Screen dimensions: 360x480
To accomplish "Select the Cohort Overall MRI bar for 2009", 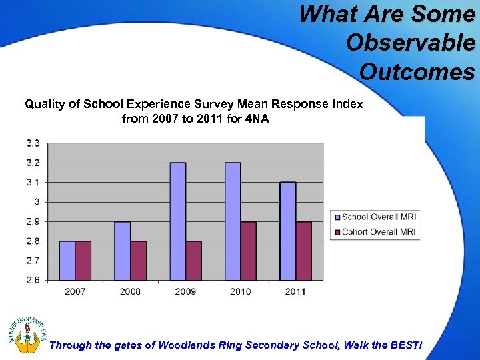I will (193, 261).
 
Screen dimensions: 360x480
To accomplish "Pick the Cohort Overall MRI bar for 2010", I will (249, 251).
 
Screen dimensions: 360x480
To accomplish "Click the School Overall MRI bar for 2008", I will (123, 251).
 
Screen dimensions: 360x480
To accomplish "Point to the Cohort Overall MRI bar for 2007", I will (83, 261).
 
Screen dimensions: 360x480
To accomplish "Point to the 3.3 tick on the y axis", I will (33, 143).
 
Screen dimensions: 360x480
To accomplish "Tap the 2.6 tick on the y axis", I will (33, 280).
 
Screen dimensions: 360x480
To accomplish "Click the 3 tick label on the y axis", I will (37, 201).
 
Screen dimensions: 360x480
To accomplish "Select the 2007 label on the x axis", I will (75, 291).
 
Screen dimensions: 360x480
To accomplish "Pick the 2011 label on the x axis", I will (295, 291).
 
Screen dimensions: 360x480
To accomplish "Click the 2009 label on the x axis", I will (185, 291).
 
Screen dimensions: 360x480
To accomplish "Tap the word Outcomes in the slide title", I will (418, 71).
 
